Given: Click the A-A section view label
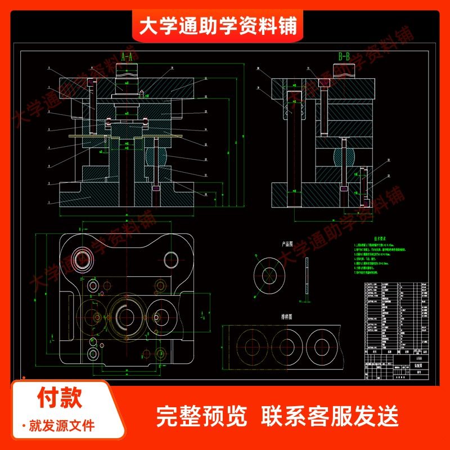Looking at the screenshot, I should (x=127, y=57).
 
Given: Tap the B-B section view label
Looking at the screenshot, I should (x=344, y=57).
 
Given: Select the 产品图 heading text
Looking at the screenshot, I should (x=288, y=245).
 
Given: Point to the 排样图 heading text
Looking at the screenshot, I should (x=287, y=317).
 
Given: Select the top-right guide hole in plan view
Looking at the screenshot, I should (x=172, y=259).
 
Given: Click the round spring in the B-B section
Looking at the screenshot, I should (x=342, y=156).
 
